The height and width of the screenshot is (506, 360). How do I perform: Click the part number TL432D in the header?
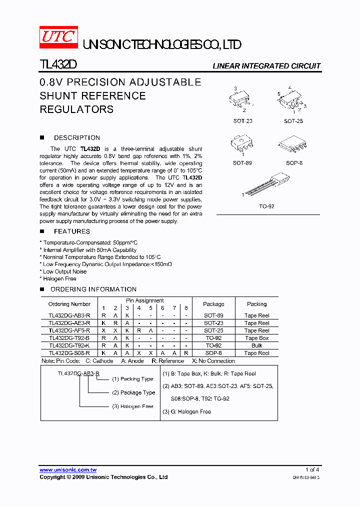point(57,65)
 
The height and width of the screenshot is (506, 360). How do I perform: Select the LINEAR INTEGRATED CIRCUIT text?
point(266,66)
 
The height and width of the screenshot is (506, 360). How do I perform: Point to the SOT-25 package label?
point(293,121)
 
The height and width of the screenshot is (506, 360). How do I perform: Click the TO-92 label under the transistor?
point(267,206)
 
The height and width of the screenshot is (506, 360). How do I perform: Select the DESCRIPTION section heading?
point(77,138)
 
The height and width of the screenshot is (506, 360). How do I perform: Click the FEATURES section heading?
point(72,231)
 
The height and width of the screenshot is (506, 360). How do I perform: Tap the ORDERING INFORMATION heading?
point(93,289)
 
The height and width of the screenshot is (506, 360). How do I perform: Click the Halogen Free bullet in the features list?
point(59,279)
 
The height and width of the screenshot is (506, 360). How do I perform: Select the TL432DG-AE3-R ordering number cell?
point(69,323)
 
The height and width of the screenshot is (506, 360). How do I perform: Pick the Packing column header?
point(256,304)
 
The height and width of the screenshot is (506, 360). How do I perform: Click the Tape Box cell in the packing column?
point(256,338)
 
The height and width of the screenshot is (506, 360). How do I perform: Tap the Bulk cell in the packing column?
point(256,345)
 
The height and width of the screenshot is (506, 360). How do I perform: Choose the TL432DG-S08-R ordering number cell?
point(69,353)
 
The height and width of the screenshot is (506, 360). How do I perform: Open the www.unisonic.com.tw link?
point(68,470)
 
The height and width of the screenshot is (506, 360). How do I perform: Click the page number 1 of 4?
point(312,470)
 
